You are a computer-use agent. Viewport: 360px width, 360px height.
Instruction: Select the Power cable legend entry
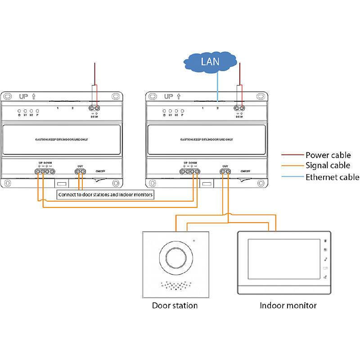click(328, 155)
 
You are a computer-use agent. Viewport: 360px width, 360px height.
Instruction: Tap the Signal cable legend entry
click(328, 166)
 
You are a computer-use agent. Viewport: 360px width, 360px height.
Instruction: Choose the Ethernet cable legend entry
click(332, 177)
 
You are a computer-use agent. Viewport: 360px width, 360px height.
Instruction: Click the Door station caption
click(175, 306)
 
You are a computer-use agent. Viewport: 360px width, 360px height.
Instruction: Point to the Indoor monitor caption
click(288, 306)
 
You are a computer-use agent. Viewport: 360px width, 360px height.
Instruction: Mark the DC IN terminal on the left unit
click(94, 108)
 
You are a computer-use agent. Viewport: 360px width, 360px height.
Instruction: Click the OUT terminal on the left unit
click(80, 171)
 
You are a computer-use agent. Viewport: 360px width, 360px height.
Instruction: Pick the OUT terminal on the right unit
click(225, 171)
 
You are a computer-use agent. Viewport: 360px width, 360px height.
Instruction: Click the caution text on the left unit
click(61, 140)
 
